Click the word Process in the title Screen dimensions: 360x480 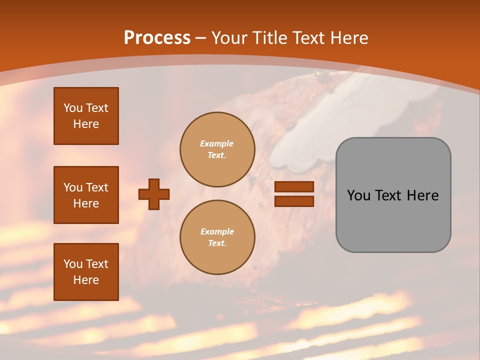157,37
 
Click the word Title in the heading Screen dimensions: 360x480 268,37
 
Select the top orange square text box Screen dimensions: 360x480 86,116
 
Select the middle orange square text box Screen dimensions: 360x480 86,195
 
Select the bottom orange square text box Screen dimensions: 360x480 86,272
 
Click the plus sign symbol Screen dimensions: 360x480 154,194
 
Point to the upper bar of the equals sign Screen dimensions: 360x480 294,186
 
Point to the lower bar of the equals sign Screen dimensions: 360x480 294,201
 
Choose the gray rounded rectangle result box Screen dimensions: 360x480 393,220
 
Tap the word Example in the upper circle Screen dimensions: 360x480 217,143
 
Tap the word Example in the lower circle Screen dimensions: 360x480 217,231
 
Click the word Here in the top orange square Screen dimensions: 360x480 86,124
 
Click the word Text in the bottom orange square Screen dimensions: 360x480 96,264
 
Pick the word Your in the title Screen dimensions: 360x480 229,37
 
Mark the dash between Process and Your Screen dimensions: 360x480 201,38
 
